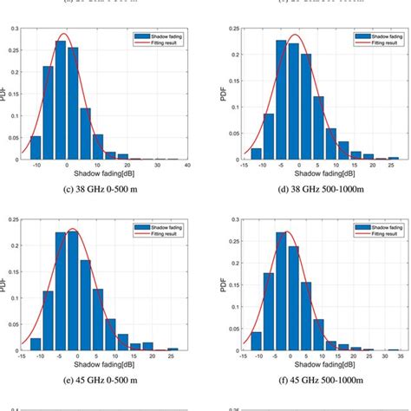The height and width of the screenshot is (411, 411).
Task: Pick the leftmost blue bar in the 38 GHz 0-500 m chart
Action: coord(35,147)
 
